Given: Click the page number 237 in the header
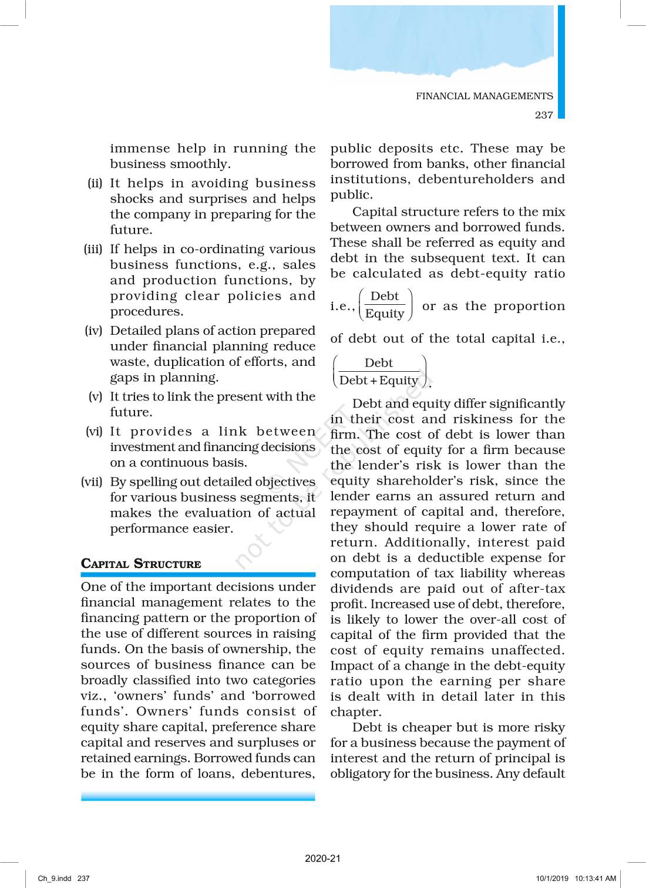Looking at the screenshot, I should [x=544, y=115].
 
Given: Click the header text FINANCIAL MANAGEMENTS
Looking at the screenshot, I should [x=484, y=96].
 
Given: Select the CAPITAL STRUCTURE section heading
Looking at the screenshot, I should [x=141, y=564].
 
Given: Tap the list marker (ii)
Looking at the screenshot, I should [x=95, y=183].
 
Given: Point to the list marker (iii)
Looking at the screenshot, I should [x=93, y=249].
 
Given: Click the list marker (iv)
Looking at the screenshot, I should [x=93, y=331].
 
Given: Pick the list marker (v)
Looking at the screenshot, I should [x=95, y=396].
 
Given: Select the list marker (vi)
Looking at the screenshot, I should [x=94, y=432].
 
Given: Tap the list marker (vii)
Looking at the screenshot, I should [x=92, y=482].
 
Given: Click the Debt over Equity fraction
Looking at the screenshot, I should [x=385, y=305].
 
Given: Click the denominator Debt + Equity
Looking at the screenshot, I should [x=379, y=381].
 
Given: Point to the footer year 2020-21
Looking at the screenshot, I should [x=322, y=858].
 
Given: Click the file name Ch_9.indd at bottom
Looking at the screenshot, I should [x=55, y=879].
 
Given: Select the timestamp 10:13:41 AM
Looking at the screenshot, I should [x=595, y=879].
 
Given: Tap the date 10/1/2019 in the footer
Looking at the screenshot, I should [x=552, y=879].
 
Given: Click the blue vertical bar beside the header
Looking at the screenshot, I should [x=561, y=62].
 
